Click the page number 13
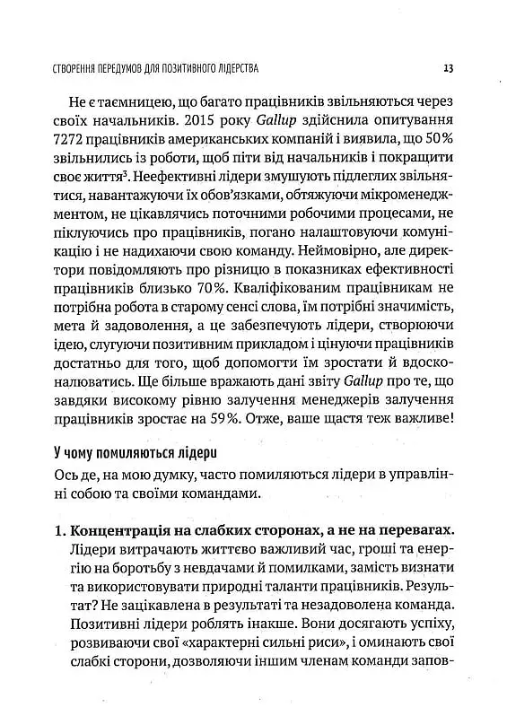pos(447,67)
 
